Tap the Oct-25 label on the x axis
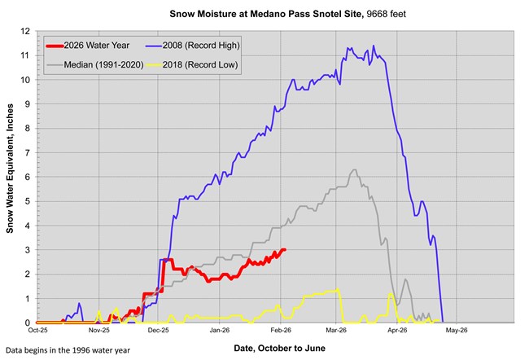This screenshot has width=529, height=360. [x=37, y=331]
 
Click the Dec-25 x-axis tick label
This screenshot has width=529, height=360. [x=158, y=331]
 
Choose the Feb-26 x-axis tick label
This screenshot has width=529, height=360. [x=280, y=331]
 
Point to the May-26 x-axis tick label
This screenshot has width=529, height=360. [x=456, y=331]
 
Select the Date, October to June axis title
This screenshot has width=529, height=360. [x=279, y=348]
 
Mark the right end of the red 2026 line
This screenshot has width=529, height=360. [x=284, y=250]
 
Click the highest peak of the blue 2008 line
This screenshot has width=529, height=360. [x=348, y=48]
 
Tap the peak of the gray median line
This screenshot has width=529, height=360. [x=353, y=170]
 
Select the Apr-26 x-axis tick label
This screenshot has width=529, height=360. [x=397, y=331]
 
